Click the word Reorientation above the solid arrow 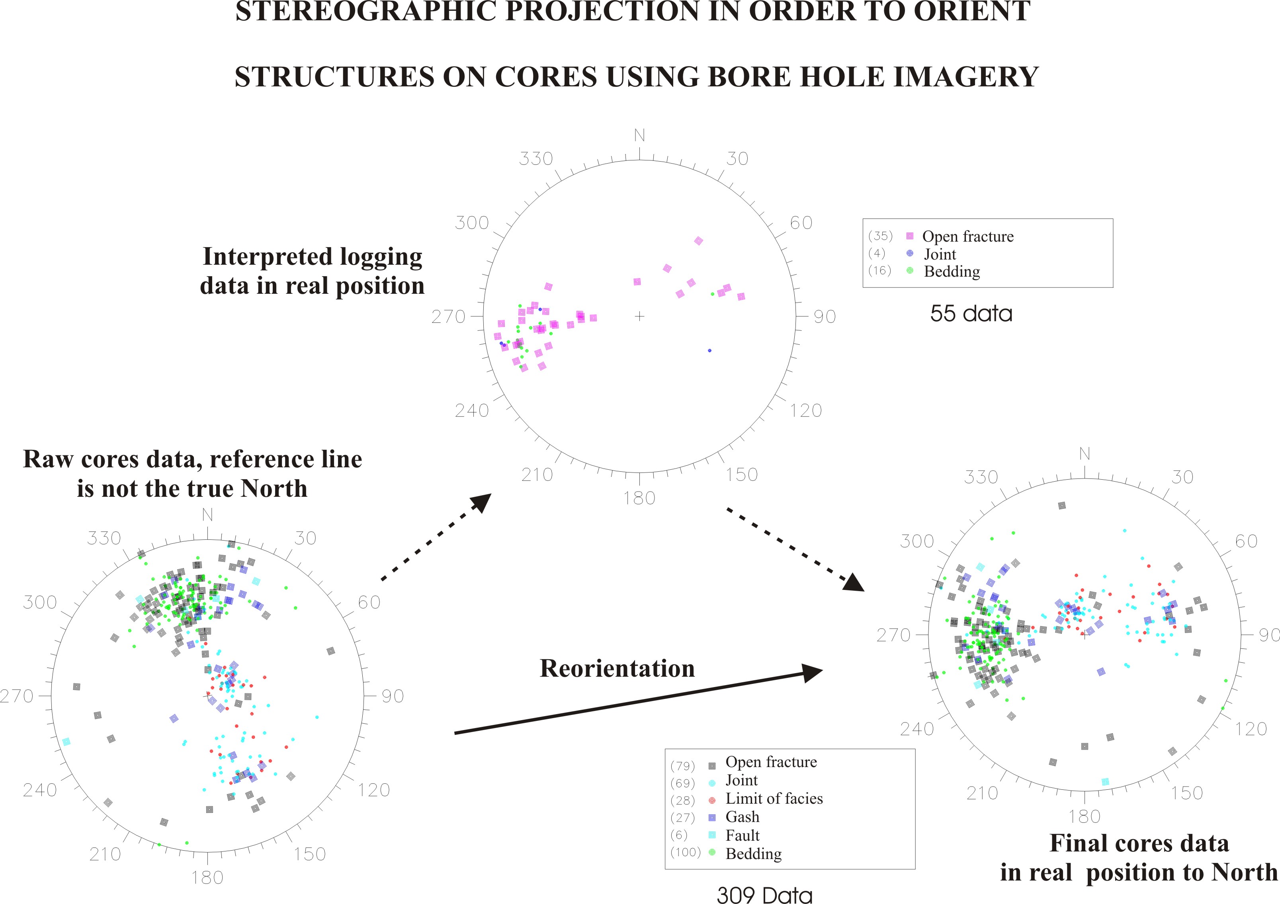click(x=617, y=668)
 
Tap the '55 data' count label click(x=971, y=313)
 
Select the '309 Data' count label click(x=764, y=894)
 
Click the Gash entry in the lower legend click(x=742, y=817)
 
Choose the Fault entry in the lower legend click(x=742, y=836)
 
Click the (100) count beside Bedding click(x=685, y=852)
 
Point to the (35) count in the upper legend click(x=880, y=236)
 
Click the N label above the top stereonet click(x=639, y=135)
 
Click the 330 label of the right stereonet click(x=981, y=477)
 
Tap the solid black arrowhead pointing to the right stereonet click(x=813, y=673)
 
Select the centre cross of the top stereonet click(x=639, y=316)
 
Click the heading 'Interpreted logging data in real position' click(x=312, y=271)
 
